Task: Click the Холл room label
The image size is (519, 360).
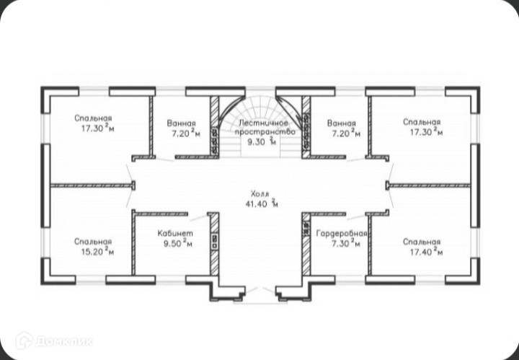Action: (259, 194)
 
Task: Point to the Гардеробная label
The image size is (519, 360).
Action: (342, 234)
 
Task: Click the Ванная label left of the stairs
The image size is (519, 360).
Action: (181, 123)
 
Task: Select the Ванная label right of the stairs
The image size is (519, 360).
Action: (341, 123)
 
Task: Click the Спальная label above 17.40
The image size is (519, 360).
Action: (422, 241)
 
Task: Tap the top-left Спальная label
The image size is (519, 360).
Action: (94, 118)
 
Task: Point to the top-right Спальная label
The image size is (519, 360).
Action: (422, 122)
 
